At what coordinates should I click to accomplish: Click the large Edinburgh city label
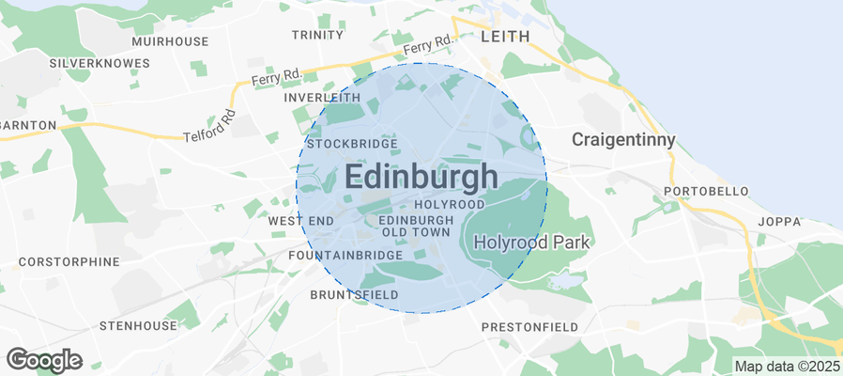421,177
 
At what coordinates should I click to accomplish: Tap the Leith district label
505,36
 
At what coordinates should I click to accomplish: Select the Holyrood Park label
531,242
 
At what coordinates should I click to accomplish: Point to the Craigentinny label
624,140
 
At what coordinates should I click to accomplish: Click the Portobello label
706,191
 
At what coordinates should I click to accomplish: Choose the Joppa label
781,222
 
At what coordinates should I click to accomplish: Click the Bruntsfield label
354,295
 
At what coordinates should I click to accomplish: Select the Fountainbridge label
345,255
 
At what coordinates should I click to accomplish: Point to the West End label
300,220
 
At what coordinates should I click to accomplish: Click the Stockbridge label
353,144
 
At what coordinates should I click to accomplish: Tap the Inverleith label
322,98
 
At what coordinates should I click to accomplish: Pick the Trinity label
318,35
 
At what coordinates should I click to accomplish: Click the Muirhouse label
170,41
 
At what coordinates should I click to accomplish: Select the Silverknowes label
100,63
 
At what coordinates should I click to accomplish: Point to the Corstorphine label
69,261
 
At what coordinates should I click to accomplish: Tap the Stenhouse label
138,325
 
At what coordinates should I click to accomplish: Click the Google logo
44,359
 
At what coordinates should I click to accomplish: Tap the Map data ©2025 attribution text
787,366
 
